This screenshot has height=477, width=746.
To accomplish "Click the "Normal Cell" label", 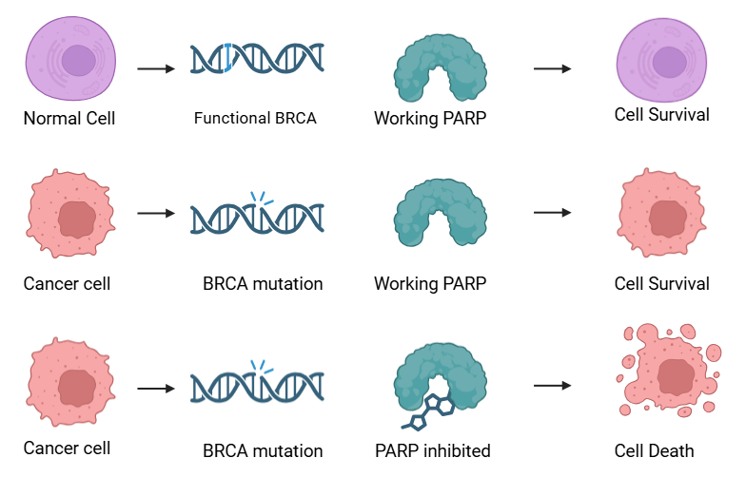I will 69,119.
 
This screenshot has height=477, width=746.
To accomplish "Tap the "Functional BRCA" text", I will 255,119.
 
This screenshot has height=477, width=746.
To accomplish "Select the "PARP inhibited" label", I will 432,450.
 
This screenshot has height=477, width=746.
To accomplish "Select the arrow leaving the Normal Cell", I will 156,69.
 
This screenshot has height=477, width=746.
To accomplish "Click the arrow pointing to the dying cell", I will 552,387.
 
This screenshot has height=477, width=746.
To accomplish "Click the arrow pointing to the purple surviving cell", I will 552,69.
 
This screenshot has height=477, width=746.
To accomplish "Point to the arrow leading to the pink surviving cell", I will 552,213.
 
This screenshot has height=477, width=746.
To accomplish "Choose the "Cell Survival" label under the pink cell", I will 661,283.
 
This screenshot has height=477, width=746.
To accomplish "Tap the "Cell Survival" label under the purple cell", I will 661,115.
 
